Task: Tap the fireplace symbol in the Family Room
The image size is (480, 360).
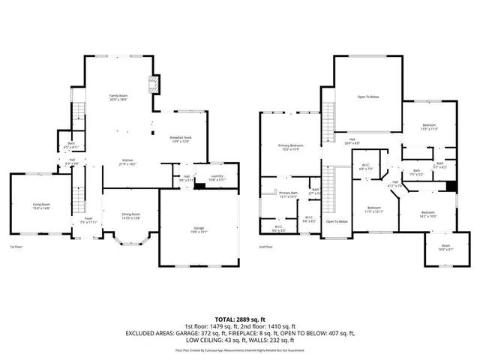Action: [x=153, y=83]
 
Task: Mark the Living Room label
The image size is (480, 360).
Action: [x=40, y=205]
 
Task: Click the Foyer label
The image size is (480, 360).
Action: [x=88, y=220]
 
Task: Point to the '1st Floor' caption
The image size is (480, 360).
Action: [x=16, y=247]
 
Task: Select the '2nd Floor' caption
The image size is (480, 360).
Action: [x=266, y=247]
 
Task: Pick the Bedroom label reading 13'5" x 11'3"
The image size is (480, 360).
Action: [x=428, y=126]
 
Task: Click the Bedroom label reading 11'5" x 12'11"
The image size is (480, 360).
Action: [x=374, y=209]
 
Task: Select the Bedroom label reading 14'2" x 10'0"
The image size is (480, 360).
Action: [x=427, y=214]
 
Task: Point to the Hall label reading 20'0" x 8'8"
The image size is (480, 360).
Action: [x=352, y=140]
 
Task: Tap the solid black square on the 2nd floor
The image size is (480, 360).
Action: [x=451, y=187]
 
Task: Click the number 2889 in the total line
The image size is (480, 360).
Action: [x=238, y=320]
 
